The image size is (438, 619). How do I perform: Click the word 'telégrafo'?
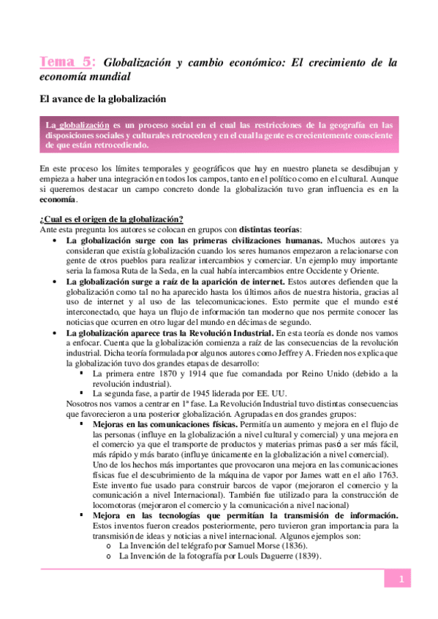192,545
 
